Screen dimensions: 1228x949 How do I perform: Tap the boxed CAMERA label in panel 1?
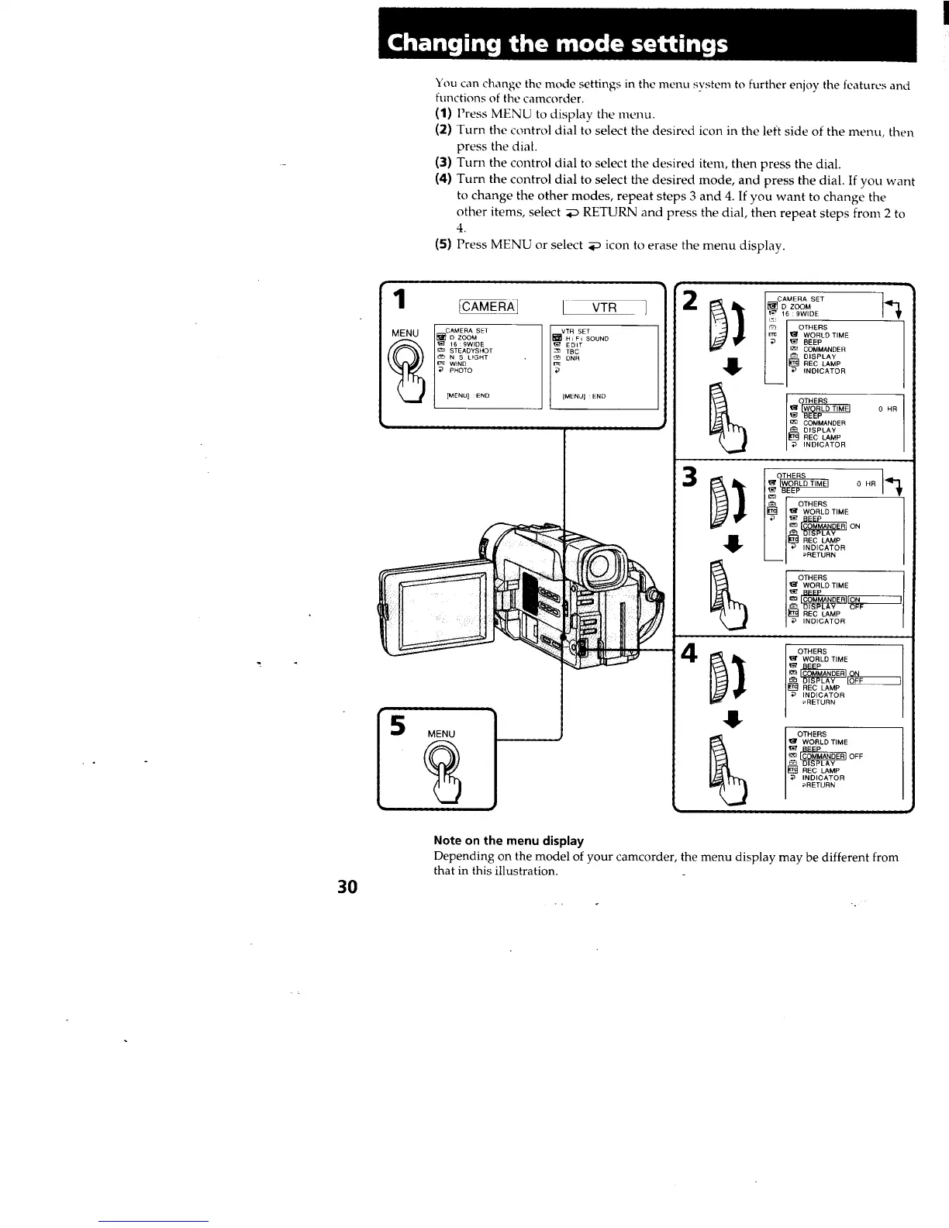pos(489,307)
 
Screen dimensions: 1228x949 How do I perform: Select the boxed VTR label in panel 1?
pos(604,307)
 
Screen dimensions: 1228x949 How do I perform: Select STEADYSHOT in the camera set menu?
pos(471,350)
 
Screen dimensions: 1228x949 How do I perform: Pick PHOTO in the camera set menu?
pos(461,371)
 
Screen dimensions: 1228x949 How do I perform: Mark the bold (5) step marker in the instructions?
pos(443,244)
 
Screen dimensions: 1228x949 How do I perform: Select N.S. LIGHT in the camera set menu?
pos(469,357)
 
